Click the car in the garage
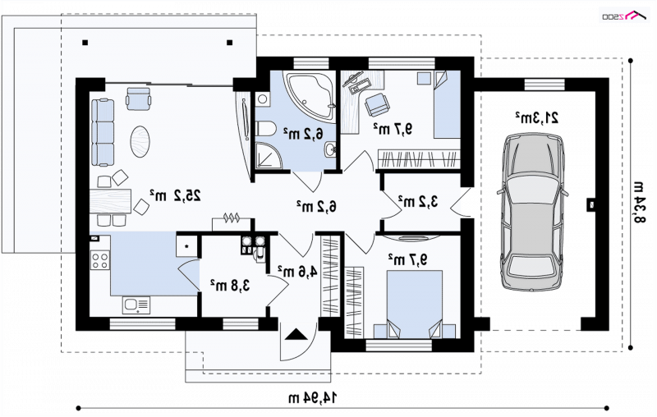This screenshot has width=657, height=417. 532,212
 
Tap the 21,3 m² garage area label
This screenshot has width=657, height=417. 537,117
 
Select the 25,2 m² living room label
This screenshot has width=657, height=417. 175,195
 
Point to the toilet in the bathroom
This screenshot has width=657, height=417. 264,128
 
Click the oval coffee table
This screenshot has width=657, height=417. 140,141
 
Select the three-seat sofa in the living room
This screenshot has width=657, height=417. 102,132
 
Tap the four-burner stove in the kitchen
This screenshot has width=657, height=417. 100,259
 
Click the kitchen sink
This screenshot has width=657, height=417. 136,305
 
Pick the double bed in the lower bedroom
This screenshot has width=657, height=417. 415,304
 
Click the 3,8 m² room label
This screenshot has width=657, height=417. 230,285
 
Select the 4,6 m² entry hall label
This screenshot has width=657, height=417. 297,272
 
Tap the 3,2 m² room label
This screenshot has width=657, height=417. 418,201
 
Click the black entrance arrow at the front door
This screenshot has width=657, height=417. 296,335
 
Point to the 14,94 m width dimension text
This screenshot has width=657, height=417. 313,397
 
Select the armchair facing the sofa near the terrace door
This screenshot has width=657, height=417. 138,98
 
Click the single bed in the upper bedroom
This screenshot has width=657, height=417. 447,105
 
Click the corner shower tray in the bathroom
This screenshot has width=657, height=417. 269,156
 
